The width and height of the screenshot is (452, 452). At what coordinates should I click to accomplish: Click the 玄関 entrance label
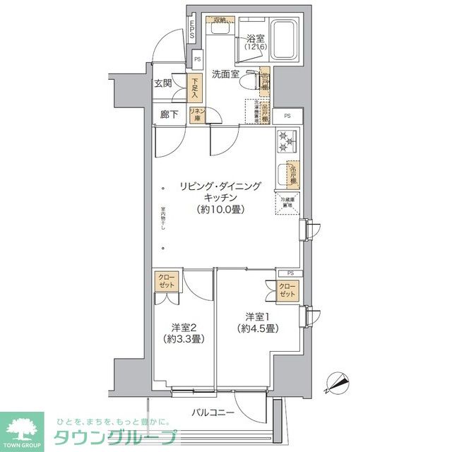[x=163, y=83]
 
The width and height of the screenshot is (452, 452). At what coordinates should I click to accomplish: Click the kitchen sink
[x=282, y=174]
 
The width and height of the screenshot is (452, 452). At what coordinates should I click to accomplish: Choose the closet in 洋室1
[x=287, y=289]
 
